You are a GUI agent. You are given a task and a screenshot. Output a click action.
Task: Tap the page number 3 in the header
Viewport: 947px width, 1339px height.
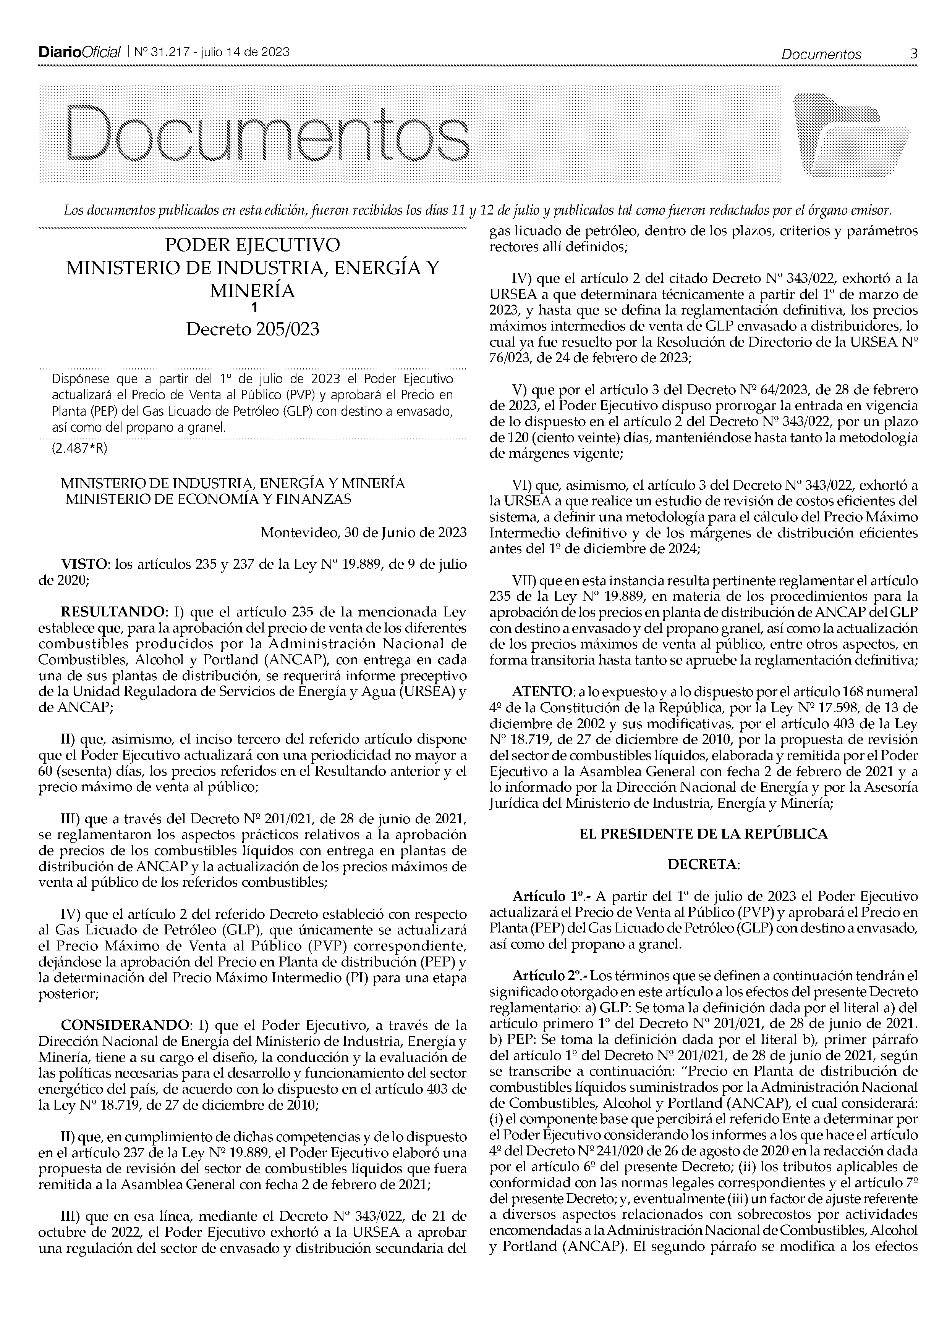913,54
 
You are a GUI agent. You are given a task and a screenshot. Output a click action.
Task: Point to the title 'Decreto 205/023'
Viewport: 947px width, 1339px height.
252,329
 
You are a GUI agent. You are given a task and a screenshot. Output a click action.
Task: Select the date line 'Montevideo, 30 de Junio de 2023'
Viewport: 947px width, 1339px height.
363,532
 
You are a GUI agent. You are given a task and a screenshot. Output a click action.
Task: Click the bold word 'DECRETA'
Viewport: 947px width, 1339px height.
703,864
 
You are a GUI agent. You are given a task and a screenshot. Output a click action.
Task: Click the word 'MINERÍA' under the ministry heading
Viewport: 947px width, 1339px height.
252,290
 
